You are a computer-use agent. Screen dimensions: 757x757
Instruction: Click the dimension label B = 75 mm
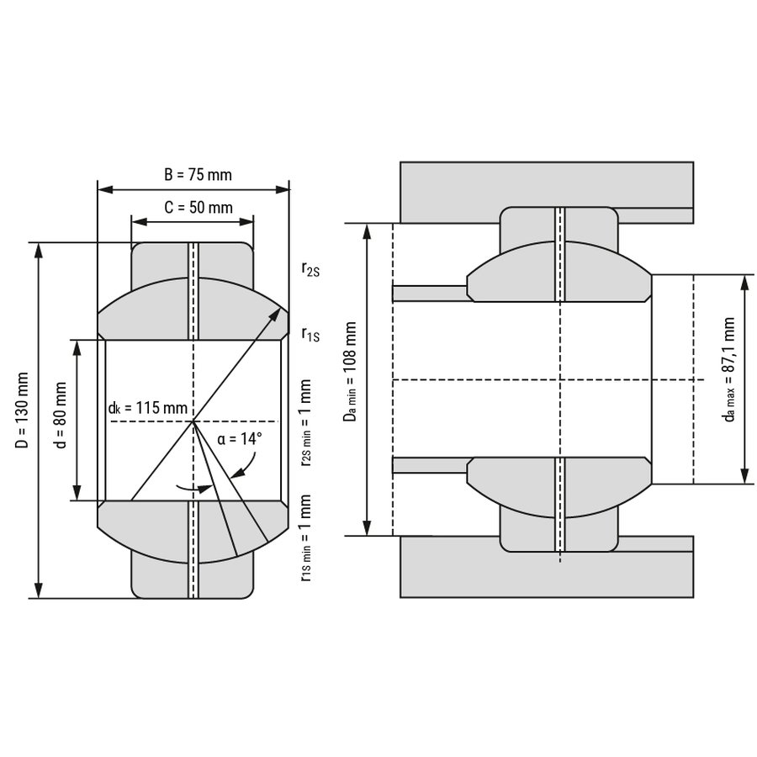[198, 174]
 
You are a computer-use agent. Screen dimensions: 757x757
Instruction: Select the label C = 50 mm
[199, 207]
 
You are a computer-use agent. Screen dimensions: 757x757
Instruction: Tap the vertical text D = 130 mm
[22, 410]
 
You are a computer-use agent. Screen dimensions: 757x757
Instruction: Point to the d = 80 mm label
[61, 416]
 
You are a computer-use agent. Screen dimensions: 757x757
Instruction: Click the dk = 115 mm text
[148, 408]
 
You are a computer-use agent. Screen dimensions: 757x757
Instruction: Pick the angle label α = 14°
[240, 439]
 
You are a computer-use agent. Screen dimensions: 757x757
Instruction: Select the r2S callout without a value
[310, 269]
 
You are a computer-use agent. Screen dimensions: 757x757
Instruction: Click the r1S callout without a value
[310, 334]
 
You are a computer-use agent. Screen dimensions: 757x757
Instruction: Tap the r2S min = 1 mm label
[305, 423]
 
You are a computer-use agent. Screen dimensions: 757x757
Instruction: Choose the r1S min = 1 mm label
[305, 537]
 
